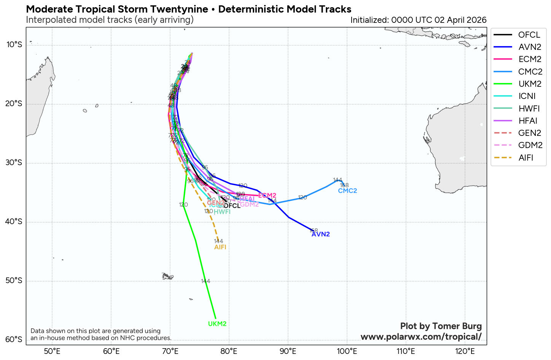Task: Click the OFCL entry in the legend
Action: (529, 35)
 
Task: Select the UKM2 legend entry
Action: (530, 84)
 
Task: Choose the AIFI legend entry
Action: (526, 158)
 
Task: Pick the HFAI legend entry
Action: (528, 121)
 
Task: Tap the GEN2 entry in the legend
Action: (530, 133)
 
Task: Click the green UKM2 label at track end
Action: (217, 324)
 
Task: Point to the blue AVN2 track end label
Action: (320, 234)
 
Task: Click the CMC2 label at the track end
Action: (347, 191)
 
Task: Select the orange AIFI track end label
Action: (220, 247)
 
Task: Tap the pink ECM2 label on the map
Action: (267, 196)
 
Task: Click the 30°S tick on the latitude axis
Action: (14, 163)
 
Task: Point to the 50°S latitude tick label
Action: (14, 281)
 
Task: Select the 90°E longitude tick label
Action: (288, 351)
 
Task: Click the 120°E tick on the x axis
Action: (465, 351)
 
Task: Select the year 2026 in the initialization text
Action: (477, 20)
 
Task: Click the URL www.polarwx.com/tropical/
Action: (421, 337)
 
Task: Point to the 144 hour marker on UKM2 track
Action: (205, 281)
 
